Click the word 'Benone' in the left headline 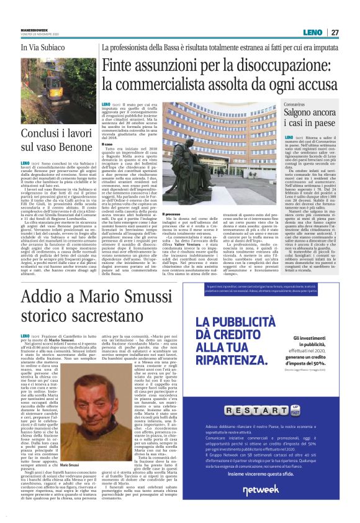pos(74,147)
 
